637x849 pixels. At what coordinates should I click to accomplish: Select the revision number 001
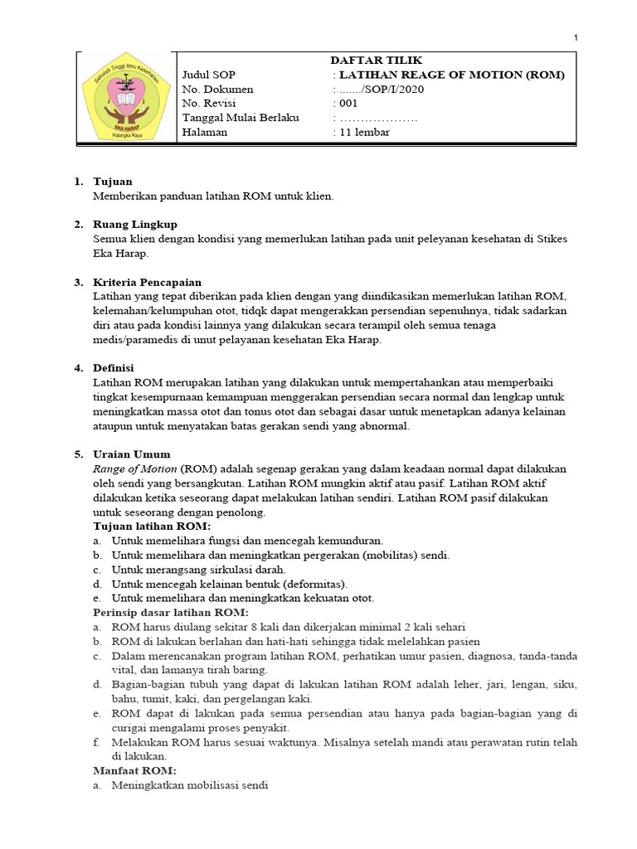click(x=347, y=104)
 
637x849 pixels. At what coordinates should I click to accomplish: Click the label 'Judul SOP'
click(x=209, y=75)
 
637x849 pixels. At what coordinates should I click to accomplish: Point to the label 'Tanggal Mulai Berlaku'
click(x=241, y=118)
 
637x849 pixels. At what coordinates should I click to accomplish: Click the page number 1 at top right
click(x=576, y=37)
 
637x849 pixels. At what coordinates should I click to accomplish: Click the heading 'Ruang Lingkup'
click(x=134, y=225)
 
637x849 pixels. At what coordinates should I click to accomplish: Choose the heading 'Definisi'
click(x=114, y=368)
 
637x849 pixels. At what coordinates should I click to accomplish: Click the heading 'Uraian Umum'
click(x=132, y=454)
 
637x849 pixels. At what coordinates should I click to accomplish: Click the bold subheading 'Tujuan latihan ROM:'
click(x=152, y=526)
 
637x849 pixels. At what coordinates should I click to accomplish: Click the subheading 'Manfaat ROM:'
click(x=129, y=770)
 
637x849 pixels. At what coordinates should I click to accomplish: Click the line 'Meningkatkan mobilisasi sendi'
click(x=190, y=785)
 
